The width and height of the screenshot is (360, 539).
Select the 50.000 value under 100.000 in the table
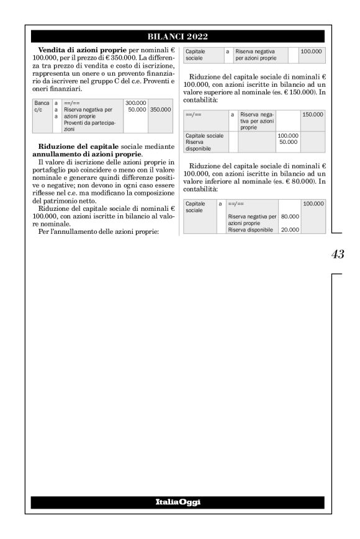coord(288,142)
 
